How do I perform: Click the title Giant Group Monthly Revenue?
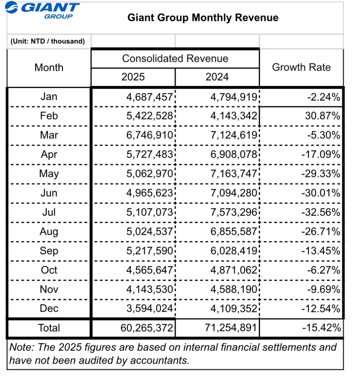coord(203,17)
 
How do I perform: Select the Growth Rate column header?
coord(301,67)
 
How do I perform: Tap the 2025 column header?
coord(133,77)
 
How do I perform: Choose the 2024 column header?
coord(217,77)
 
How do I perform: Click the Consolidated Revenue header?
coord(175,58)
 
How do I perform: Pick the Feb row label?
coord(49,116)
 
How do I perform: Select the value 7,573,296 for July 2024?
coord(234,212)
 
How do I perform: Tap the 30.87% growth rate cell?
coord(322,116)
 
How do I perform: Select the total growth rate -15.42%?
coord(321,328)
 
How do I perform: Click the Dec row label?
coord(49,309)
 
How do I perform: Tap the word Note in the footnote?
coord(19,348)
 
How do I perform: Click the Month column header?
coord(49,68)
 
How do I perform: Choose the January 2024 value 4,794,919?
coord(234,97)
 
